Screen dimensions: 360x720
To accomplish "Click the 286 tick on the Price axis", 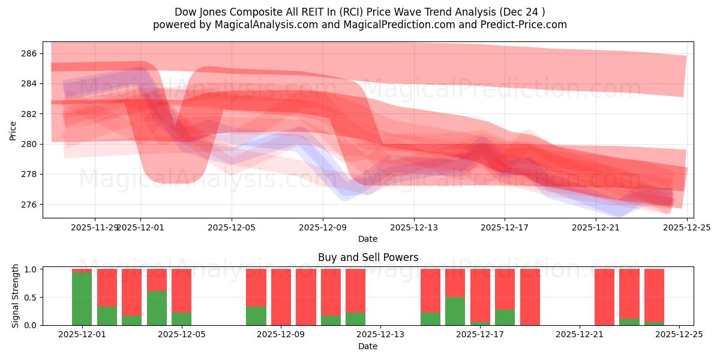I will point(29,53).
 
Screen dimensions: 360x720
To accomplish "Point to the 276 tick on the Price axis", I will point(29,205).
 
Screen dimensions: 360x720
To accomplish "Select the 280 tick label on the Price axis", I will point(29,144).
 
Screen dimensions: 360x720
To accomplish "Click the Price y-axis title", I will point(13,130).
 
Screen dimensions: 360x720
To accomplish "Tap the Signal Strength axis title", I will point(16,296).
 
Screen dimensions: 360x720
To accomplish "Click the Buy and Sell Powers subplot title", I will point(368,257).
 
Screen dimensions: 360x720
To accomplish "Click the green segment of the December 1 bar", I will point(82,299).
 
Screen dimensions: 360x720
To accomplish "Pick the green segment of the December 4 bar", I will point(157,308).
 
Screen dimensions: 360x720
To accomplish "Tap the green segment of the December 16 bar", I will point(455,311).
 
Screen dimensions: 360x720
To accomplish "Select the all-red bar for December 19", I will point(530,297).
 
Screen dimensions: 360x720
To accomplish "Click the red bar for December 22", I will point(604,297).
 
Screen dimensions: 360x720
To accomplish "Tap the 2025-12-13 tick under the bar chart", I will point(380,335).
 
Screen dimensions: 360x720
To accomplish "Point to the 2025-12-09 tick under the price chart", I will point(323,227).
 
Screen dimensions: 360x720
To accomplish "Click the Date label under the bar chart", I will point(368,346).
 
